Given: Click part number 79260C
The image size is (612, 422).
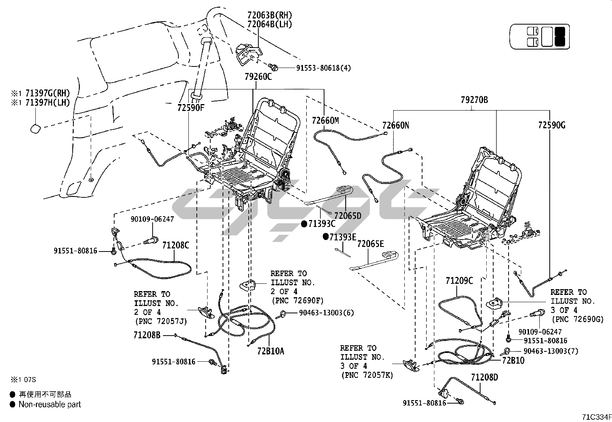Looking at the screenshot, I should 258,77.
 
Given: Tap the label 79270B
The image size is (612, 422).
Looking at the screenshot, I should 474,100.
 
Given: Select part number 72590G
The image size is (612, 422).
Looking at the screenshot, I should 552,125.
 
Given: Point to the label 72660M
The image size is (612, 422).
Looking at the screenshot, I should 325,121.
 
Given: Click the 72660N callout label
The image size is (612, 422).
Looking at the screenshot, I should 396,125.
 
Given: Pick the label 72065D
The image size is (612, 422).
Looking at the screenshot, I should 348,216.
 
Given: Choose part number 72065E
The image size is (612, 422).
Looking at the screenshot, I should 371,244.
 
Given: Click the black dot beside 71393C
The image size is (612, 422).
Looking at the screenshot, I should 304,223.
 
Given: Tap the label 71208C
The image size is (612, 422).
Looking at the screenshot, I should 175,245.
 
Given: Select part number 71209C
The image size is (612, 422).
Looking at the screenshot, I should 459,281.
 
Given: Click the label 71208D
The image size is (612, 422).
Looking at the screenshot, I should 484,378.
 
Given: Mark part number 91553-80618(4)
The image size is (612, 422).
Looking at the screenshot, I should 323,68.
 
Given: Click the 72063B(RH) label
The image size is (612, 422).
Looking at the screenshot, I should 269,15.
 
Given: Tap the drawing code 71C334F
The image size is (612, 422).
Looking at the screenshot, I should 595,417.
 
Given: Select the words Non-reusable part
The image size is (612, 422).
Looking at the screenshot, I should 50,404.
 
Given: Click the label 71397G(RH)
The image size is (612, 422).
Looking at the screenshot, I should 48,93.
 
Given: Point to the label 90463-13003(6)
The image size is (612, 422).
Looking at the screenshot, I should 326,313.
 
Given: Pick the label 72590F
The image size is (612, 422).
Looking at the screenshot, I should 191,108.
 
